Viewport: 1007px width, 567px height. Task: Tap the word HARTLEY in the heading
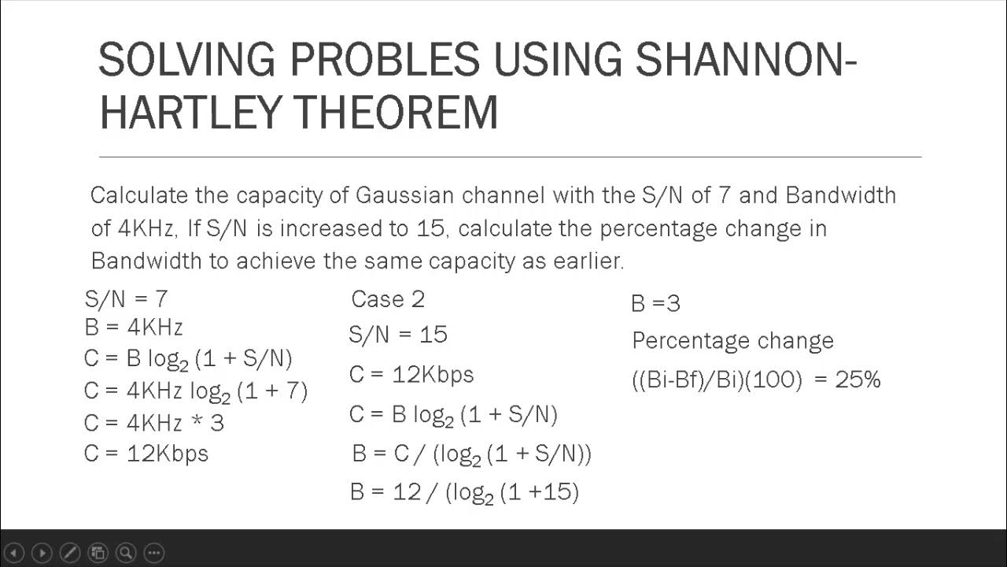point(193,112)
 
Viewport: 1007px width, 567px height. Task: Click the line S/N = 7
point(126,298)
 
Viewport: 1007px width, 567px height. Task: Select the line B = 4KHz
point(133,327)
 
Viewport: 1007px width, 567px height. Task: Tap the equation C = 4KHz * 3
point(153,423)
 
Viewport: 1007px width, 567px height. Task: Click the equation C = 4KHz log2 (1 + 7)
point(195,391)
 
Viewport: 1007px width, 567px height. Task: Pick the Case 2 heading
point(388,299)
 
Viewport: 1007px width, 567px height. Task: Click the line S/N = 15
point(398,335)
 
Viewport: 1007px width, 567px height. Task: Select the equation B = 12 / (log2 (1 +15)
point(464,493)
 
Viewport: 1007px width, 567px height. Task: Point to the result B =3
point(655,303)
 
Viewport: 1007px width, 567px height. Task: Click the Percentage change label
point(732,341)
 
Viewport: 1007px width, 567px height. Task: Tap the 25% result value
point(858,380)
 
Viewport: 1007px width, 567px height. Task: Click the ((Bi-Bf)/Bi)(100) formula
point(717,380)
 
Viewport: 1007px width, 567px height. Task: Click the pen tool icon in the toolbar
point(69,553)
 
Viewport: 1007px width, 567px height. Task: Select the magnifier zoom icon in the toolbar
point(126,553)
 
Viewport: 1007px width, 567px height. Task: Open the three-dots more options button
point(154,553)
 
